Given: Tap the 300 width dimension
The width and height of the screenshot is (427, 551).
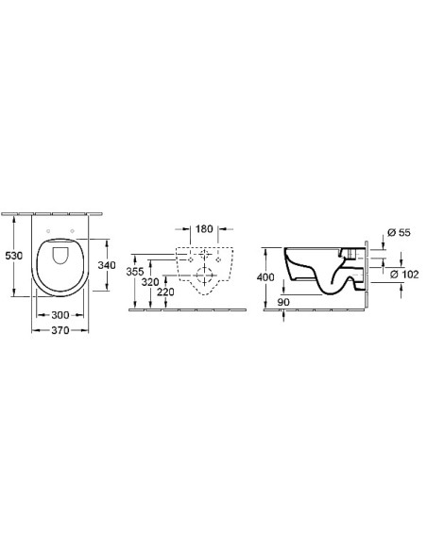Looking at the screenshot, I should [x=60, y=313].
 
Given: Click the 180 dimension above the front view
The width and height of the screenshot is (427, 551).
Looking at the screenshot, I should [x=204, y=228].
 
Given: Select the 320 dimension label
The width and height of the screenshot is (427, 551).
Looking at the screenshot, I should [x=151, y=281].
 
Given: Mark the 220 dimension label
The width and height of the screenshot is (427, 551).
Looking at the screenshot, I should [x=165, y=292].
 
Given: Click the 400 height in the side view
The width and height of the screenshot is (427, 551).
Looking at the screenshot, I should [x=267, y=276].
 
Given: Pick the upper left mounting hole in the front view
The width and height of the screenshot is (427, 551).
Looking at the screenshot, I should [x=192, y=257].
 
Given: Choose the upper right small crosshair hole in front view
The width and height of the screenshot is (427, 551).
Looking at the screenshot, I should [x=216, y=257].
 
